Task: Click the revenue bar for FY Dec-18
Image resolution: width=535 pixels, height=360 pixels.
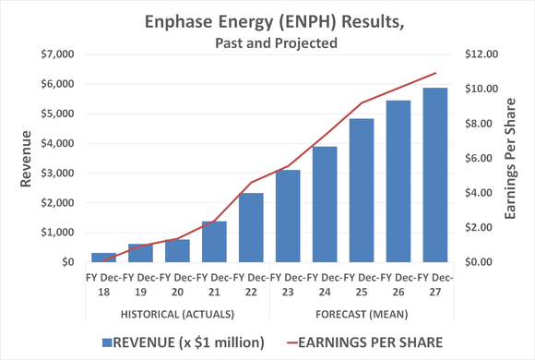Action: pos(103,258)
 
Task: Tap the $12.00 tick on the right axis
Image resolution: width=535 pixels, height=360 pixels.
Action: pos(481,54)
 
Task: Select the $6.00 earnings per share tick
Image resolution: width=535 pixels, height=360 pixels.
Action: pos(481,158)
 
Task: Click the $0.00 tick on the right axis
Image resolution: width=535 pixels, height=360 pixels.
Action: pos(481,262)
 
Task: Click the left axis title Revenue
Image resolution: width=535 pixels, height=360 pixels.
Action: pos(28,158)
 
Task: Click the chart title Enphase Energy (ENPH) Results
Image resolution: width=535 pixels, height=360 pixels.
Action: pos(267,20)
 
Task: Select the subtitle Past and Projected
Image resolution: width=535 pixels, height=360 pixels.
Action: pos(267,42)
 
